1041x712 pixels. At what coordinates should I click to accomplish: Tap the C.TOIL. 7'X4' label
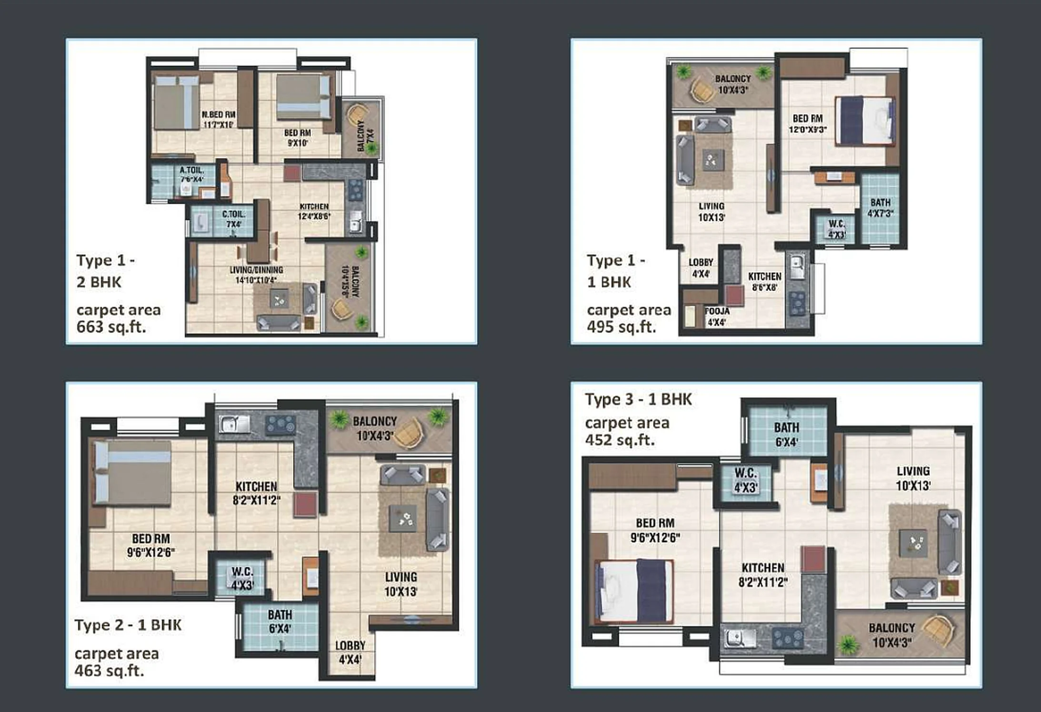point(233,219)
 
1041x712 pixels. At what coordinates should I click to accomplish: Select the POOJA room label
point(717,316)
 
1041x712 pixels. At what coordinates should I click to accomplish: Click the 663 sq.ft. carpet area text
point(111,327)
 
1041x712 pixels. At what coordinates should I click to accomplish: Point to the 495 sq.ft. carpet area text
point(621,327)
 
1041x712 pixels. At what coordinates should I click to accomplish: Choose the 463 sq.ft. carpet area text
point(109,671)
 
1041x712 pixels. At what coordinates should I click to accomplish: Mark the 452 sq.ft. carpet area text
point(620,439)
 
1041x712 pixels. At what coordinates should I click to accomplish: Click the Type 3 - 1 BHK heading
point(638,399)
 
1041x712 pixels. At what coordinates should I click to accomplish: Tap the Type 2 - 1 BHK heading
point(128,625)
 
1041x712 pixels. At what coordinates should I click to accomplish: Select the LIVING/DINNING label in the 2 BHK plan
point(256,275)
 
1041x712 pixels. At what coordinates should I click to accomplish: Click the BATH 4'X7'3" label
point(880,208)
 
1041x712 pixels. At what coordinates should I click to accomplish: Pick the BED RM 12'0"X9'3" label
point(808,123)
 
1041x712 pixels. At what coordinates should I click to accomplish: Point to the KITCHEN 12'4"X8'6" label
point(314,211)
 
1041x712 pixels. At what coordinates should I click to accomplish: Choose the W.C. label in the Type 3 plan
point(745,480)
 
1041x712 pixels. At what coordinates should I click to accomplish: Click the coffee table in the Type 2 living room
point(402,518)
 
